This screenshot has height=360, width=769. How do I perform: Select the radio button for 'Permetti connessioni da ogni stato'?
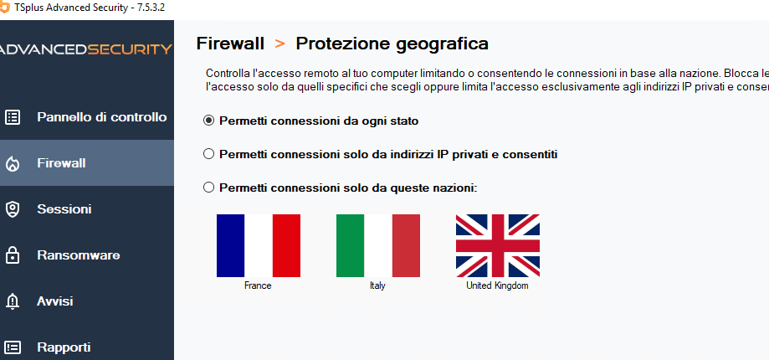(x=209, y=121)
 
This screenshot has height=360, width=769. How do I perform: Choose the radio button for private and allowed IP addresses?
(x=209, y=154)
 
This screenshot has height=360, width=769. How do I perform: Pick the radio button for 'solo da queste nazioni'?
(x=209, y=188)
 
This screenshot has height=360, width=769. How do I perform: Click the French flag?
(x=259, y=246)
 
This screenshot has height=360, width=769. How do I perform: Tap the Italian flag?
(x=378, y=246)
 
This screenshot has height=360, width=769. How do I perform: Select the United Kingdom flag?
(x=498, y=246)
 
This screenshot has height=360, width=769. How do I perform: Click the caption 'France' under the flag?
(x=258, y=285)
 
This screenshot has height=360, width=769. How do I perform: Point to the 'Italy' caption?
(x=377, y=285)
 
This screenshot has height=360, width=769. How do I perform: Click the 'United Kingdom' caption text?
(x=497, y=285)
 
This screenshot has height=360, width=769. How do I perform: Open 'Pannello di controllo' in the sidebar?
(x=102, y=117)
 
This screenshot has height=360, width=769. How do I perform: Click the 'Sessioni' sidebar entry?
(x=64, y=209)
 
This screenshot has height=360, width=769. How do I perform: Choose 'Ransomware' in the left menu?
(x=79, y=255)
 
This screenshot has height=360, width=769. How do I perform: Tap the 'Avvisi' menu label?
(x=55, y=301)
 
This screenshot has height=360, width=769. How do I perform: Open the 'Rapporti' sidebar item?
(x=64, y=347)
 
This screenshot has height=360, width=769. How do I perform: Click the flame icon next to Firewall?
(x=13, y=163)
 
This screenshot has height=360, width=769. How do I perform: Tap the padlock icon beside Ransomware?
(x=13, y=255)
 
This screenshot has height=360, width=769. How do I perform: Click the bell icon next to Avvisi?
(x=13, y=301)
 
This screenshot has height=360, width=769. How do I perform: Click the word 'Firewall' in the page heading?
(x=230, y=44)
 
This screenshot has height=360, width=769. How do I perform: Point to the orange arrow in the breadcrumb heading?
(x=280, y=44)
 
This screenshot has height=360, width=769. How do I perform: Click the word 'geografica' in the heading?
(x=442, y=44)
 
